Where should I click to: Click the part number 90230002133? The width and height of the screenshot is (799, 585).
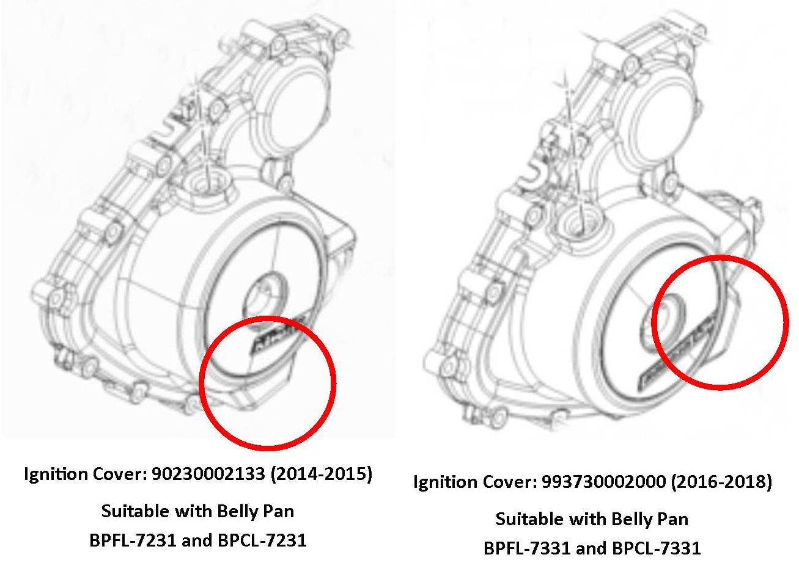(208, 473)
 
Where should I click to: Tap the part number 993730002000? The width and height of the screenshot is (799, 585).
(604, 482)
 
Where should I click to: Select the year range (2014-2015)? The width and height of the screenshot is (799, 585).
(322, 474)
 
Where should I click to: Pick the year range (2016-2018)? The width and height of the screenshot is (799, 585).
(721, 482)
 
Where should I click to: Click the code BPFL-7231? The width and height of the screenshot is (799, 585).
(133, 540)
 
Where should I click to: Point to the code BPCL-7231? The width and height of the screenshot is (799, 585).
(262, 540)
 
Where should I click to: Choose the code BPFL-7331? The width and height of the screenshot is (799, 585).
(527, 548)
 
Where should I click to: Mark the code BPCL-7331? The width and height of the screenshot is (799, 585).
(657, 548)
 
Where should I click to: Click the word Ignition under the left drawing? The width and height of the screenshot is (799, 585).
(56, 474)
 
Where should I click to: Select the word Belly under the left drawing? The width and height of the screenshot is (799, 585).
(237, 512)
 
